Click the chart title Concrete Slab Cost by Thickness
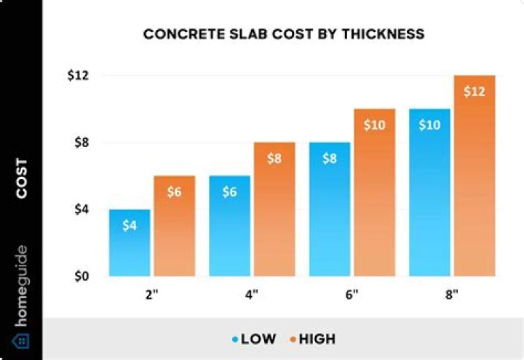tap(284, 34)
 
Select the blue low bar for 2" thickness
tap(130, 243)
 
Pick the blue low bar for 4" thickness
tap(230, 226)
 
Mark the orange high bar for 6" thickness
tap(374, 193)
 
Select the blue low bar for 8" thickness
tap(430, 193)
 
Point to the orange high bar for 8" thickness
tap(475, 176)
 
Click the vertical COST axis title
tap(22, 178)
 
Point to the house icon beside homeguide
tap(21, 340)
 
